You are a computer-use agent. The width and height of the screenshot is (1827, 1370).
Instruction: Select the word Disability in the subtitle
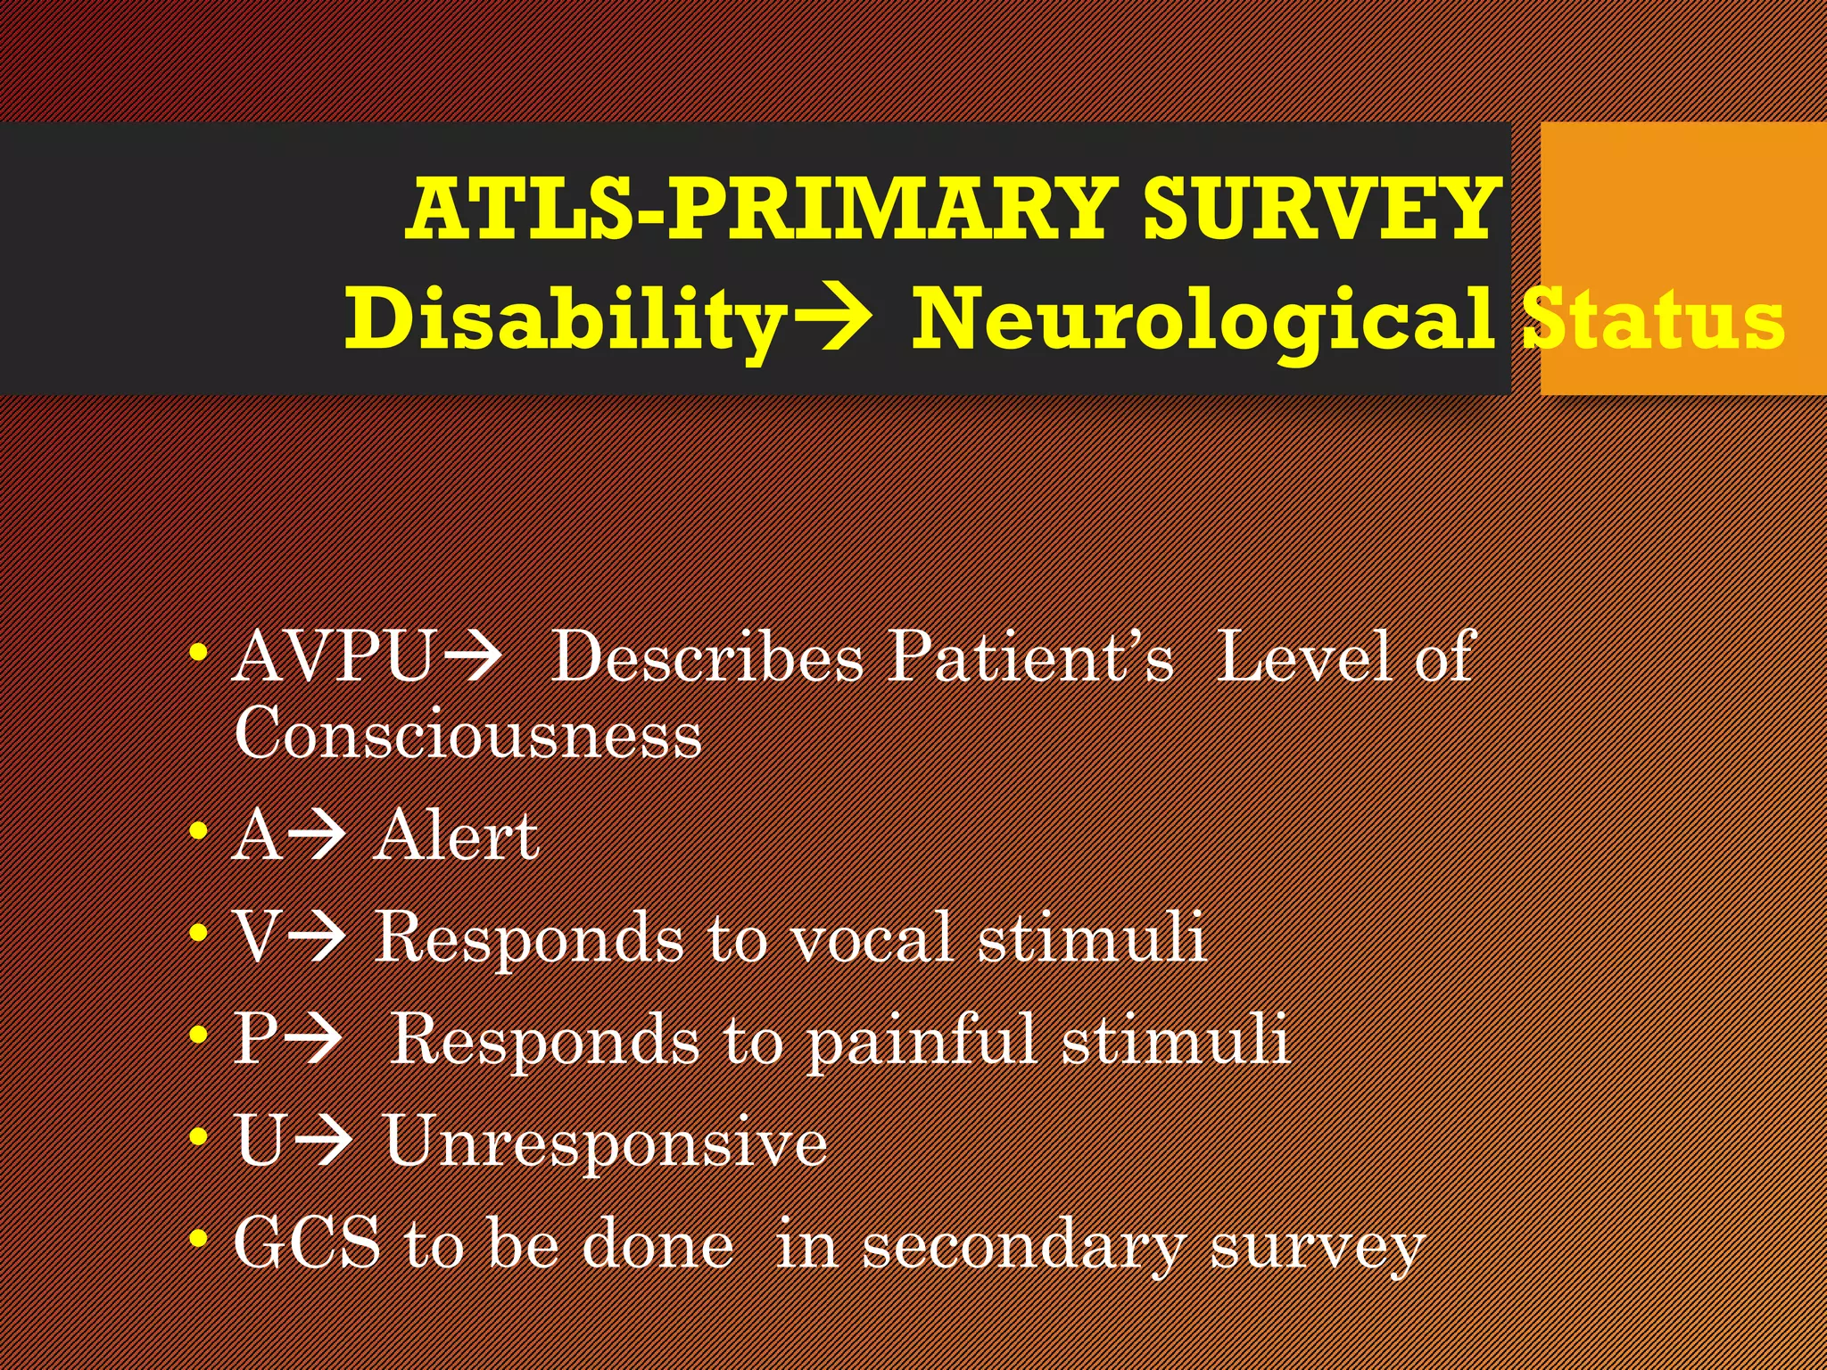click(565, 320)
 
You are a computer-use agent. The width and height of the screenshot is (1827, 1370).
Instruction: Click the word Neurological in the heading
click(1202, 320)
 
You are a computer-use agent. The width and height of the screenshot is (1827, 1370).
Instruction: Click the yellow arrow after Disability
click(831, 318)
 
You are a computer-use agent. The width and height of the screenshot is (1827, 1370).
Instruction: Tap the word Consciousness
click(467, 734)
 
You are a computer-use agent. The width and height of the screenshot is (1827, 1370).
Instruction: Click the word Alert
click(456, 837)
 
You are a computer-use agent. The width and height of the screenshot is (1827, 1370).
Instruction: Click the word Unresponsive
click(606, 1142)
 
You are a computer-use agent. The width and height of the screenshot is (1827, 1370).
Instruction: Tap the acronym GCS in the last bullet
click(307, 1243)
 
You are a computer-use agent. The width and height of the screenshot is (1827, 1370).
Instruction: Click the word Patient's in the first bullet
click(1031, 657)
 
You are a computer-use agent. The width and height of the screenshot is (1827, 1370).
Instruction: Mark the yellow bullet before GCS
click(199, 1237)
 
